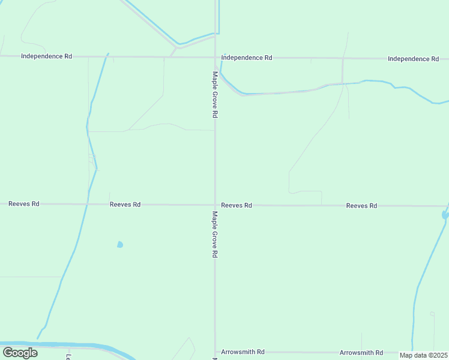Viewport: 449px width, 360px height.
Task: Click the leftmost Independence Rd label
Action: click(46, 56)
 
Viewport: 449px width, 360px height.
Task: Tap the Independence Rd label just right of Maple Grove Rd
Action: click(247, 58)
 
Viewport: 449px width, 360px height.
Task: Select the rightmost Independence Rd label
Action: click(413, 59)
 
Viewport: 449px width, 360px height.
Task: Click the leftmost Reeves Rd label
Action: click(24, 204)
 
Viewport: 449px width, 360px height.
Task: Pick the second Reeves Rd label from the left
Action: click(125, 205)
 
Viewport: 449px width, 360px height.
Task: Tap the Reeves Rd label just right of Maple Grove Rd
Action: click(236, 205)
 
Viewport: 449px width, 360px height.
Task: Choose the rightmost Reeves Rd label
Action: click(361, 206)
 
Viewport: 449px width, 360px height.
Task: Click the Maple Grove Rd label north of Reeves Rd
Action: click(214, 95)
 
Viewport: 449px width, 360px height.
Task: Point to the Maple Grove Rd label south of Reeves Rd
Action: click(214, 234)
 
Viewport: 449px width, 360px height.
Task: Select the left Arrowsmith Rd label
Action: click(243, 352)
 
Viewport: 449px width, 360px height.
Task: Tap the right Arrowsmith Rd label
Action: click(361, 353)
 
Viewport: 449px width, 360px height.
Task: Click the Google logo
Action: click(20, 353)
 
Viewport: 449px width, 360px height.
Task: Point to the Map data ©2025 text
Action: click(424, 355)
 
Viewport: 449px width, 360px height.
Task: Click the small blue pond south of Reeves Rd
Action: click(120, 244)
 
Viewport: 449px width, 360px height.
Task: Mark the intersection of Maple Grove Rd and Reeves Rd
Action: click(215, 205)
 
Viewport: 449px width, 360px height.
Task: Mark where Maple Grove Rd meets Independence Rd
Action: click(215, 58)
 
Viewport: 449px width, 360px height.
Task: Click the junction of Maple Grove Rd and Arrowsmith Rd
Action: click(215, 352)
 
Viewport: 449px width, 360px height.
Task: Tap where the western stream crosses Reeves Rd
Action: click(88, 204)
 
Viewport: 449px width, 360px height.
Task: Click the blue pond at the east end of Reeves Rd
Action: click(445, 214)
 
